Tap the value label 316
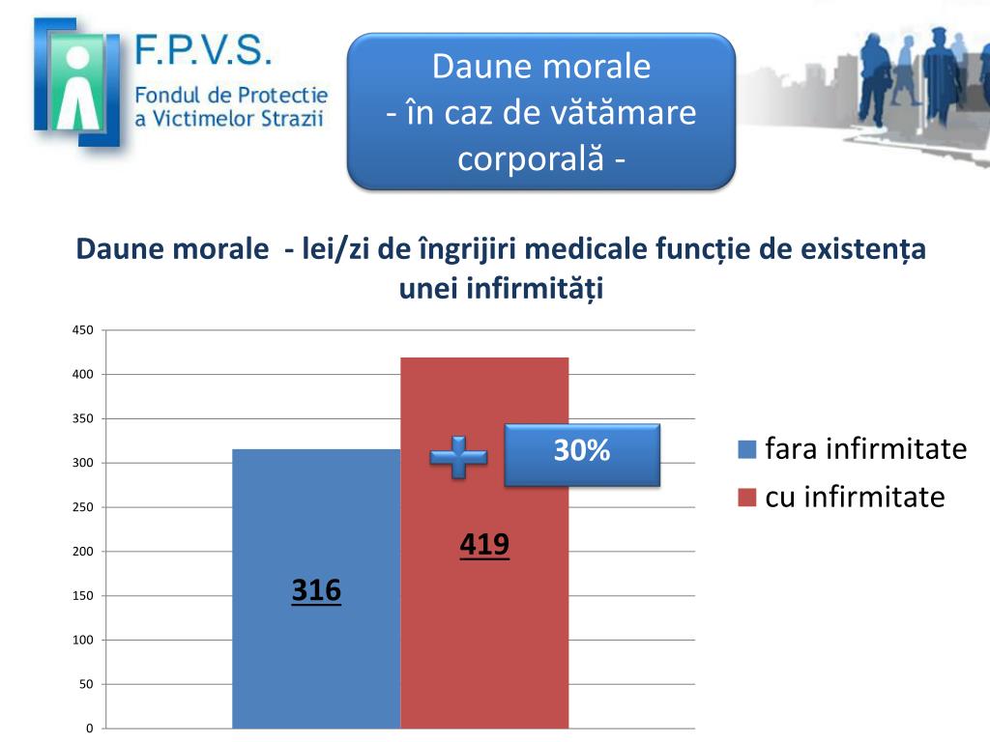pyautogui.click(x=316, y=590)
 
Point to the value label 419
pyautogui.click(x=484, y=545)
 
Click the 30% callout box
pyautogui.click(x=582, y=453)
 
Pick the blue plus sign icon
pyautogui.click(x=458, y=457)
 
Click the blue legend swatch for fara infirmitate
pyautogui.click(x=746, y=449)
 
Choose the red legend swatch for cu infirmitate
pyautogui.click(x=746, y=498)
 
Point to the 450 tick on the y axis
pyautogui.click(x=83, y=330)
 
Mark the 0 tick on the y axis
pyautogui.click(x=89, y=728)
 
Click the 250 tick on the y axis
pyautogui.click(x=83, y=507)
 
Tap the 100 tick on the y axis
pyautogui.click(x=83, y=641)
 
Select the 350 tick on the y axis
pyautogui.click(x=83, y=419)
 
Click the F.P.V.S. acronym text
pyautogui.click(x=204, y=50)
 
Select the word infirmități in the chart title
pyautogui.click(x=545, y=289)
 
